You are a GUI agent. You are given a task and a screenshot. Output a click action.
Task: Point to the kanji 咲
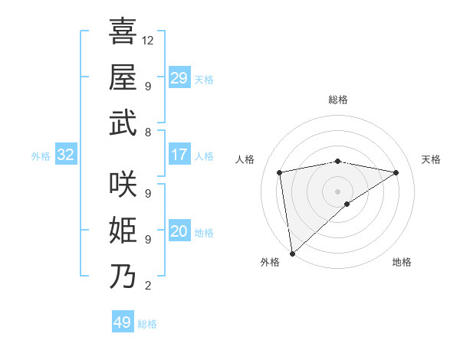tap(123, 184)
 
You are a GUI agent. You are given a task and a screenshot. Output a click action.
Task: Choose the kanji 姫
tap(123, 230)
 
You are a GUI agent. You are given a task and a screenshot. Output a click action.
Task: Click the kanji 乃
tap(123, 276)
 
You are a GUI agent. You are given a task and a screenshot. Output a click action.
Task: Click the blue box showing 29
tap(179, 78)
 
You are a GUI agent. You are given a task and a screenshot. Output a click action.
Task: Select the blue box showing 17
tap(179, 155)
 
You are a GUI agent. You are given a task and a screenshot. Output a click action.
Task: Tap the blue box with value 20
tap(179, 231)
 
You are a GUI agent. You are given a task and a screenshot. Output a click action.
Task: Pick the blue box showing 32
tap(66, 155)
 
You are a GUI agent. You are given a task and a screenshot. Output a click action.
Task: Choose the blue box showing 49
tap(123, 322)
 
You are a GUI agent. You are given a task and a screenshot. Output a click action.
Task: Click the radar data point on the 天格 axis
tap(396, 173)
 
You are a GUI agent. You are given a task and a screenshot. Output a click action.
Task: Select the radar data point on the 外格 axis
tap(292, 253)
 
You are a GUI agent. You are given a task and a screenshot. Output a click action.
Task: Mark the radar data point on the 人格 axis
tap(281, 172)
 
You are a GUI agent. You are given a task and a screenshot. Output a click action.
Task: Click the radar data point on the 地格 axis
tap(347, 204)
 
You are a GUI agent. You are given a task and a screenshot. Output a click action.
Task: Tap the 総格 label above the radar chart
tap(338, 100)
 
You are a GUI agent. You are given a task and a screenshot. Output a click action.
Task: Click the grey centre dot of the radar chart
tap(337, 191)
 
